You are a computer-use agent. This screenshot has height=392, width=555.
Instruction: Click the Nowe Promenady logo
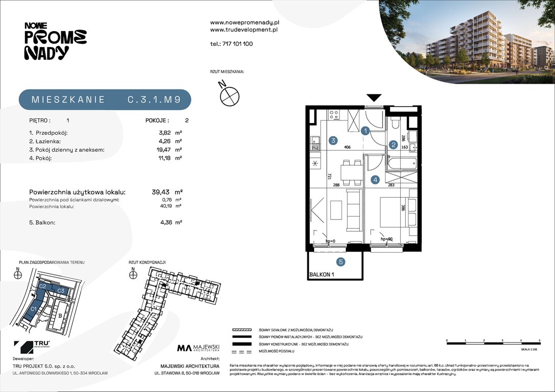pos(55,41)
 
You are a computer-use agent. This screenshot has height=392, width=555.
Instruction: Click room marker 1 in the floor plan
pos(366,131)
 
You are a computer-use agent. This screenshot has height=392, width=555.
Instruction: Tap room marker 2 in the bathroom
pos(394,145)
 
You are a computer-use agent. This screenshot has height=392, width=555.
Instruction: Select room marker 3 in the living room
pos(332,141)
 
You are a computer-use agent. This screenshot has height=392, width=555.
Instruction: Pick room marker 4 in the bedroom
pos(375,180)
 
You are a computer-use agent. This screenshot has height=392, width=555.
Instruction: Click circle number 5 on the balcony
pos(341,262)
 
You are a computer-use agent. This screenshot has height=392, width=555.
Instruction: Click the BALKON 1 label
pos(322,275)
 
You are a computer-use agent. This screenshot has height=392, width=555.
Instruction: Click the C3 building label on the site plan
pos(60,290)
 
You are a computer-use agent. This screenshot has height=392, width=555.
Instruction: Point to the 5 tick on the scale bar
pos(539,340)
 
